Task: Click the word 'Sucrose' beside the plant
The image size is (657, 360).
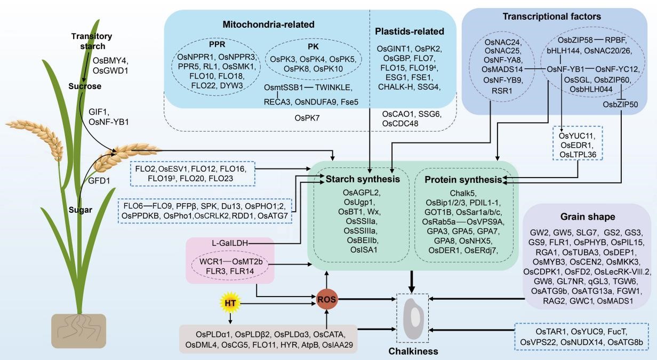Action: tap(84, 86)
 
